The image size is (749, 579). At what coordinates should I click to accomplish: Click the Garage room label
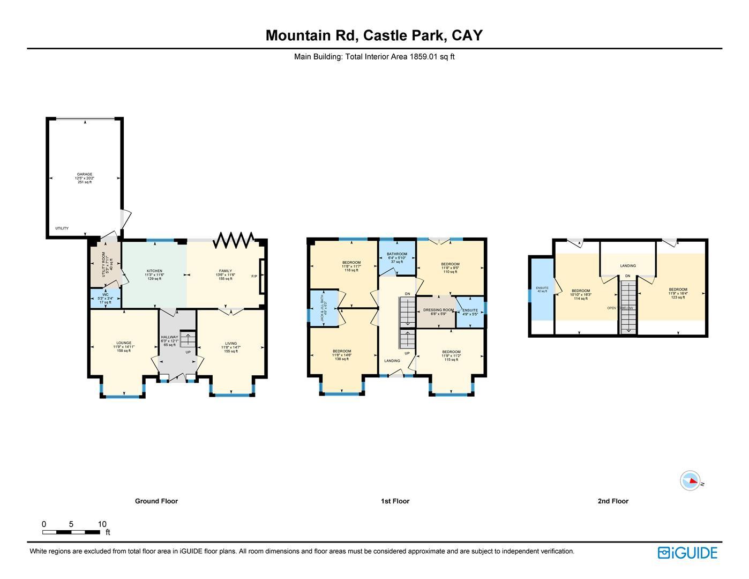point(85,178)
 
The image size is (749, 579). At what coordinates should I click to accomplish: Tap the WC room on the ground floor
point(106,299)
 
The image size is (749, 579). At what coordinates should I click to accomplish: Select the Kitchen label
point(154,274)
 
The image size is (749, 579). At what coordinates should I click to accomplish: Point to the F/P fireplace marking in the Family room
point(254,276)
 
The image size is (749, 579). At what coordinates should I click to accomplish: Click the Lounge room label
point(124,346)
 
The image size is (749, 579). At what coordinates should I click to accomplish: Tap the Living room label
point(231,347)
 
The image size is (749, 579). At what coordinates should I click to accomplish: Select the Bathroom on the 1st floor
point(397,258)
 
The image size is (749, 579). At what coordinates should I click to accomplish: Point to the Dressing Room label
point(438,311)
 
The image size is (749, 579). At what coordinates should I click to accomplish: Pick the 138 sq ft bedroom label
point(342,355)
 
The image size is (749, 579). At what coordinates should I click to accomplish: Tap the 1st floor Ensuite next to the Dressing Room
point(470,312)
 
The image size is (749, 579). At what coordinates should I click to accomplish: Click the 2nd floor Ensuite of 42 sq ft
point(542,289)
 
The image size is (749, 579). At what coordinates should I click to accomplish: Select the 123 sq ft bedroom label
point(678,293)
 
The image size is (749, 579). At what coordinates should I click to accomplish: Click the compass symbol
point(690,481)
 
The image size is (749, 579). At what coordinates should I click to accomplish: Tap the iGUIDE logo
point(687,553)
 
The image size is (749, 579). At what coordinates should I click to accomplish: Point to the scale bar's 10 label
point(102,524)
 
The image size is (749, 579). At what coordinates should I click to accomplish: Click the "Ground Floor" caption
point(156,501)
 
